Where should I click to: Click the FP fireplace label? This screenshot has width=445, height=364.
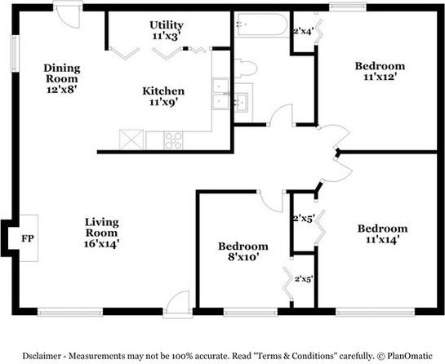[x=28, y=238]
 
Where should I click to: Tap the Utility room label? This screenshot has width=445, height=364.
[x=167, y=30]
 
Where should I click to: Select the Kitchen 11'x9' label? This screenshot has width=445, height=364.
[x=163, y=96]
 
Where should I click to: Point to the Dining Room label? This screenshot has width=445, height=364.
[x=62, y=78]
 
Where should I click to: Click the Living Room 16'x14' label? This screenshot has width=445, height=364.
[x=101, y=233]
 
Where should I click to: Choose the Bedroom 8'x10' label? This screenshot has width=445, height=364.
[x=243, y=251]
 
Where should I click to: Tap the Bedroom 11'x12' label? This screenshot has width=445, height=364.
[x=380, y=71]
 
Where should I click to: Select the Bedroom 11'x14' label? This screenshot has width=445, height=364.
[x=383, y=234]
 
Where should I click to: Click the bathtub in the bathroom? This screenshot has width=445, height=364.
[x=262, y=24]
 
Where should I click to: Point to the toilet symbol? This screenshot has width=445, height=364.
[x=246, y=69]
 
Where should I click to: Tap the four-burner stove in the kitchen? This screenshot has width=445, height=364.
[x=173, y=140]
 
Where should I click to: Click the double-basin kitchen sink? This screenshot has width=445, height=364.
[x=220, y=94]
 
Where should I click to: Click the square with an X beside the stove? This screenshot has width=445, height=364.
[x=131, y=140]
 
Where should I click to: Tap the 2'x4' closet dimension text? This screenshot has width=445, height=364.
[x=303, y=31]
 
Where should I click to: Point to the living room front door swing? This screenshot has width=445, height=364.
[x=178, y=303]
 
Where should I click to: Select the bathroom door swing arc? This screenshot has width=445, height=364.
[x=281, y=114]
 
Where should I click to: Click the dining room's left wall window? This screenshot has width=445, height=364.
[x=15, y=54]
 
